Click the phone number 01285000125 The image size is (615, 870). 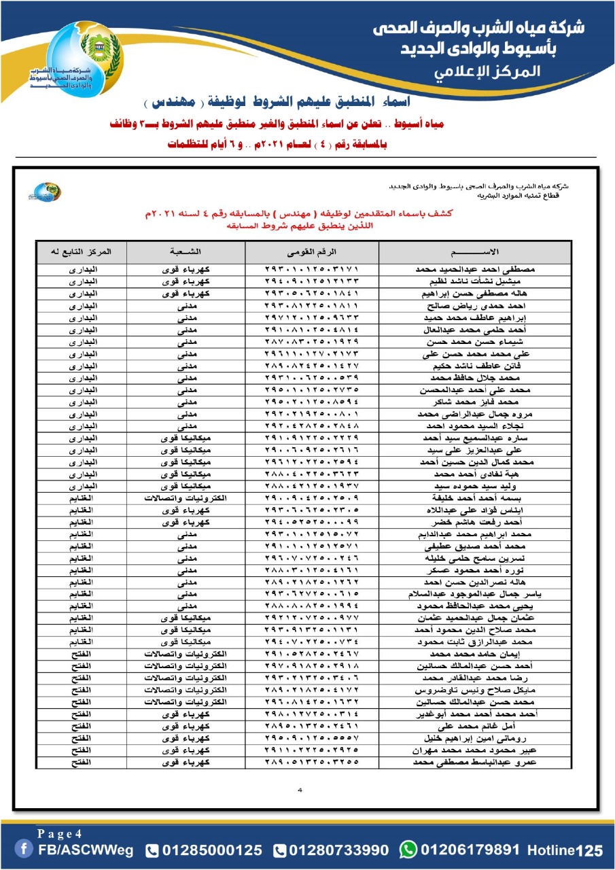(x=213, y=850)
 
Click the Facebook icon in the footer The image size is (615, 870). (x=25, y=850)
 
